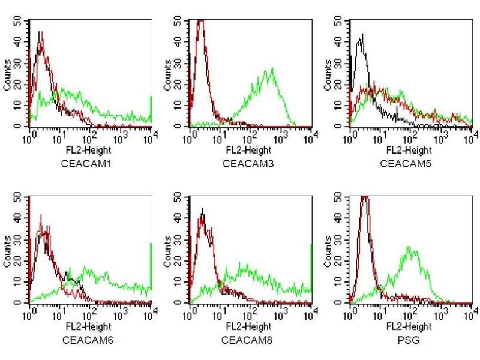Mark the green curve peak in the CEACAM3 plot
(x=273, y=68)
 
